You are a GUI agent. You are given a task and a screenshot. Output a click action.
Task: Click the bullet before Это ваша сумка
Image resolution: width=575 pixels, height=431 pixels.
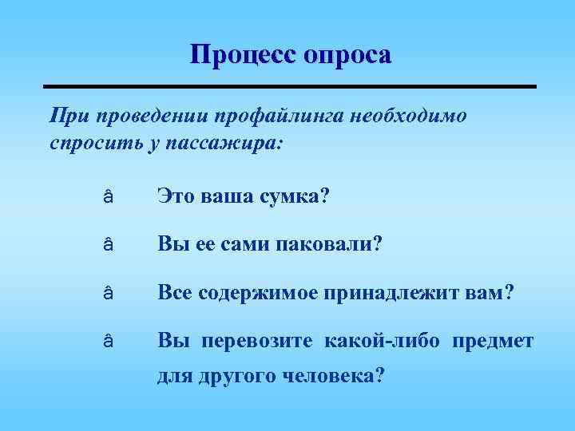pyautogui.click(x=108, y=196)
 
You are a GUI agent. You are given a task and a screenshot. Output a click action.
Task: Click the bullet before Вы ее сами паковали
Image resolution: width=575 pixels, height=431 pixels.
pyautogui.click(x=108, y=245)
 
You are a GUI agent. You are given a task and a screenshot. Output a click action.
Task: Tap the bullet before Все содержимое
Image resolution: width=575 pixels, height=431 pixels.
pyautogui.click(x=108, y=294)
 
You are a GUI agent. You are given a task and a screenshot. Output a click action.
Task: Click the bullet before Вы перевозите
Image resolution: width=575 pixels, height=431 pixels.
pyautogui.click(x=108, y=342)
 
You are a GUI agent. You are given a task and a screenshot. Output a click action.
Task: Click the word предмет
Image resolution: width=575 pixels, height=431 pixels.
pyautogui.click(x=493, y=342)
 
